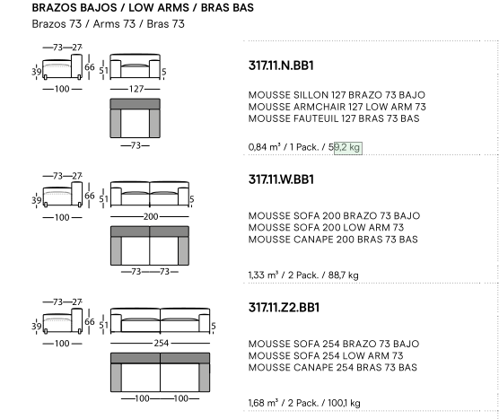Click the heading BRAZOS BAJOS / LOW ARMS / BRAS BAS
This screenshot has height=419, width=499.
click(143, 8)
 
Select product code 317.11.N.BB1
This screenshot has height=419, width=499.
click(281, 65)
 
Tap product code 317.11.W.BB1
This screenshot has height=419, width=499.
click(281, 179)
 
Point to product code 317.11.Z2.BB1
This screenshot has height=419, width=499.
click(284, 308)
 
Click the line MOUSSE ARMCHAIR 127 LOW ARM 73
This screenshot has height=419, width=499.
click(337, 107)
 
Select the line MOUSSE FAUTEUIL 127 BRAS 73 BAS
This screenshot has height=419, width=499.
click(334, 118)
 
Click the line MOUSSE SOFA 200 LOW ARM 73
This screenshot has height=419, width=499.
click(326, 228)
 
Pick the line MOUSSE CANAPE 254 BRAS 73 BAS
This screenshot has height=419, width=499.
click(333, 368)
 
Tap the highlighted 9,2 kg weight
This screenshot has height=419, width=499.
click(348, 148)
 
